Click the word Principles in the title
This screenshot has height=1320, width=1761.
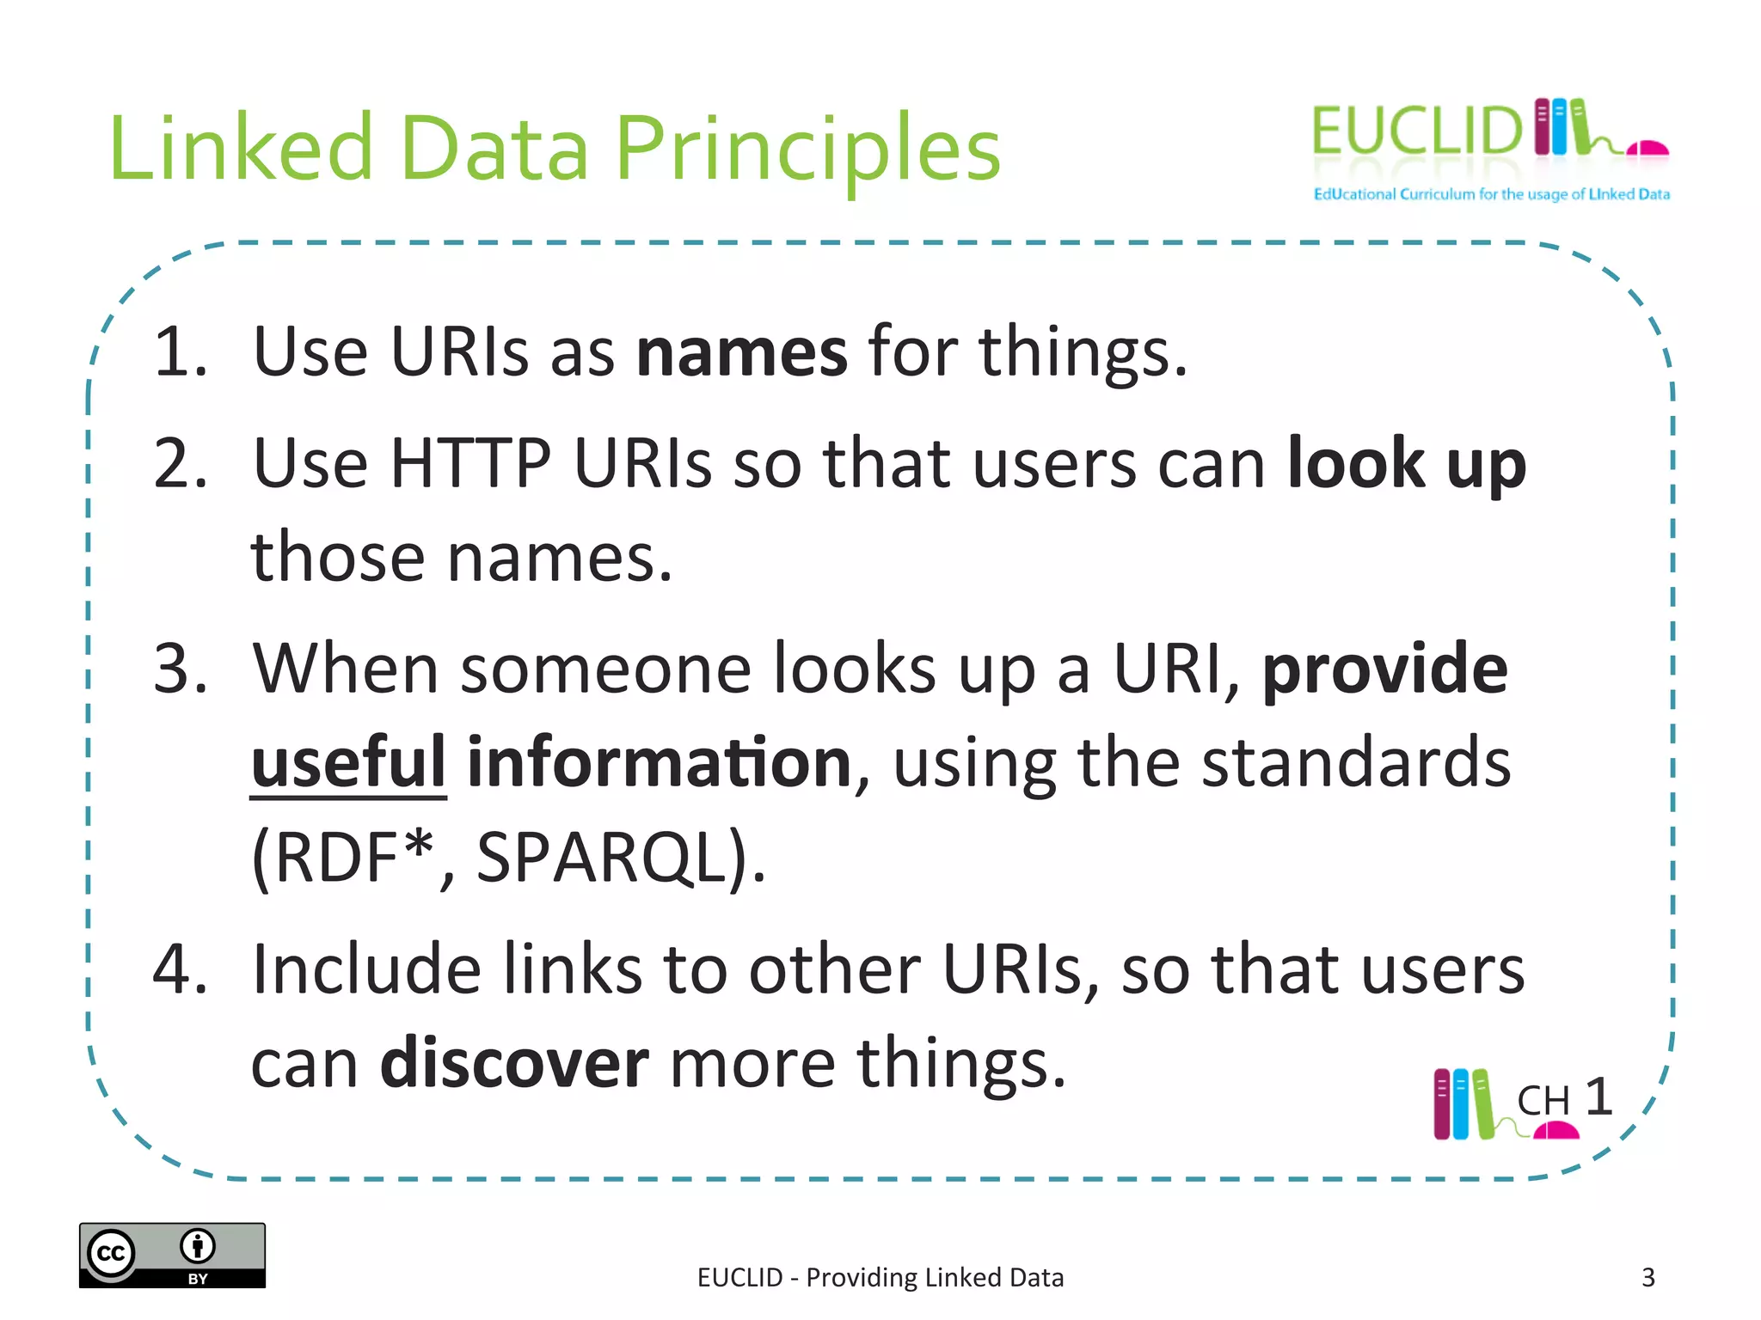click(808, 150)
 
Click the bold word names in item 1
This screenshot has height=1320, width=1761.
click(741, 352)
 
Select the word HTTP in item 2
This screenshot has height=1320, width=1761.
click(470, 464)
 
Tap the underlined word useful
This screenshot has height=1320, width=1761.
click(348, 763)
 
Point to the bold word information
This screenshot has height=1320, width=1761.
click(660, 763)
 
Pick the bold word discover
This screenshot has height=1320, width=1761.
click(514, 1064)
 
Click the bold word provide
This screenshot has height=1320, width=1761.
click(1384, 670)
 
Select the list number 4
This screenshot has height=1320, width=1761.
click(180, 969)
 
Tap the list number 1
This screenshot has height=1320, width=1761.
click(180, 352)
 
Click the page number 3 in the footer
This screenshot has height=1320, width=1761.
click(1647, 1278)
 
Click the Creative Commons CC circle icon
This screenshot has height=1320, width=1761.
click(112, 1253)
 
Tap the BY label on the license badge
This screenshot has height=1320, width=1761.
click(198, 1279)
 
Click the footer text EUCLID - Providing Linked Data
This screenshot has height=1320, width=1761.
click(880, 1278)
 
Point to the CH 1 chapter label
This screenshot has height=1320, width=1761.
click(1563, 1098)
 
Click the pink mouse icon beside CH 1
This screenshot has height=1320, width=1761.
click(1556, 1131)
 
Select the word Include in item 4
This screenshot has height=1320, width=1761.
click(366, 969)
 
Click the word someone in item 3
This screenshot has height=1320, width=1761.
click(605, 670)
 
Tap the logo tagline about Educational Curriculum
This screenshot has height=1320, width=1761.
click(1491, 194)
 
